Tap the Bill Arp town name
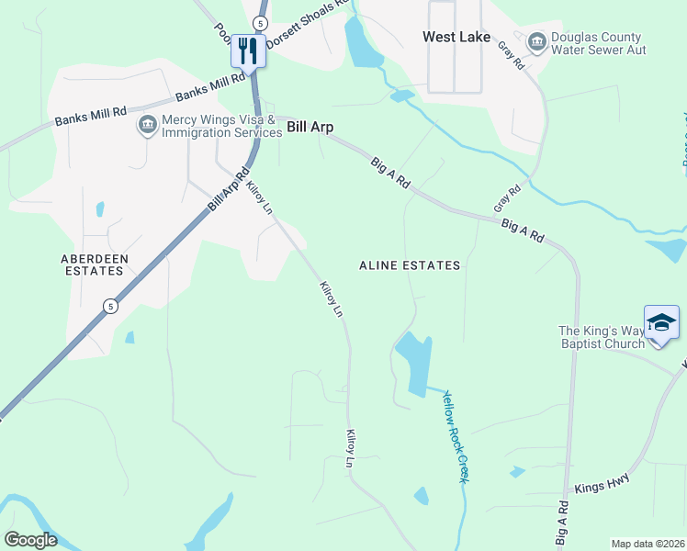click(310, 128)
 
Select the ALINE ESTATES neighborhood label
click(409, 265)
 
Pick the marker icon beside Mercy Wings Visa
click(146, 124)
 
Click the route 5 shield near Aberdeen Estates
click(109, 306)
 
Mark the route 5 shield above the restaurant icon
click(261, 22)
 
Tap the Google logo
click(30, 540)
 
